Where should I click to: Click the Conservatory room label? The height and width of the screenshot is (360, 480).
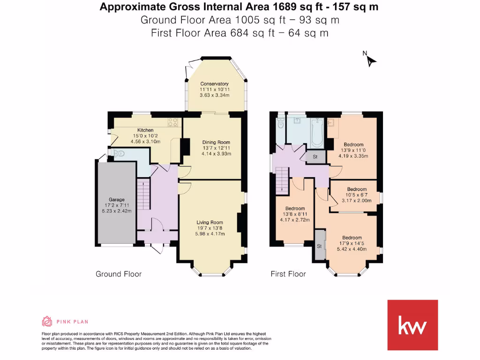coord(214,84)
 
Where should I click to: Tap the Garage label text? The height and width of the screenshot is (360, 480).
coord(117,200)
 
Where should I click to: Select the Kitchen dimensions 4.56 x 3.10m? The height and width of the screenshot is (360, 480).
coord(145,141)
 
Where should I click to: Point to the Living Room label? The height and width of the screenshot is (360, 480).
coord(210,222)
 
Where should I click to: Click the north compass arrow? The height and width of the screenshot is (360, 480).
coord(371,60)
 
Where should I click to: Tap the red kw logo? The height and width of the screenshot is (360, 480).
coord(412,325)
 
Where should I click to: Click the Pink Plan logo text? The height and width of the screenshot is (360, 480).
coord(72,322)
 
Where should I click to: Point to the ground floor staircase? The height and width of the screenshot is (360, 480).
coord(144,195)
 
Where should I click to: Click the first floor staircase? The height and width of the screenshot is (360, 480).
coord(281,180)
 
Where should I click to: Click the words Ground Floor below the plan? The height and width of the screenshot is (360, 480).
coord(119,274)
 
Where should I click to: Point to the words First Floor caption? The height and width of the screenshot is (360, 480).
coord(288,274)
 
